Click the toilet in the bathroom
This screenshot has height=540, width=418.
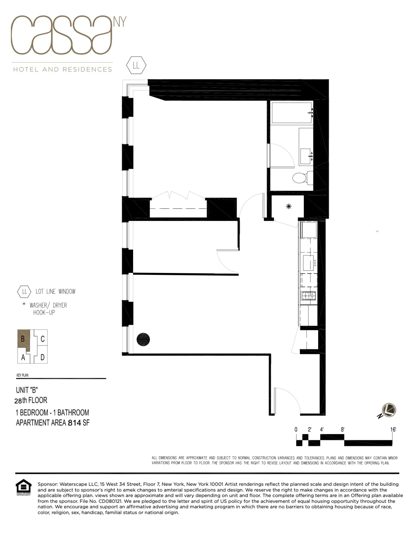click(300, 178)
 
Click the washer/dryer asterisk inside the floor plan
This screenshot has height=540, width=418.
click(289, 207)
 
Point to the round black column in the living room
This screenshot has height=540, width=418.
click(143, 339)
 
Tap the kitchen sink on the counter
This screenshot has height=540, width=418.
click(308, 263)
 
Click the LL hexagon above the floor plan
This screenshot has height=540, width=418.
click(136, 65)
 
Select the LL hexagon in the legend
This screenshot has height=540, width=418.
click(24, 292)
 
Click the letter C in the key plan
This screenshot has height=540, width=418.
click(42, 339)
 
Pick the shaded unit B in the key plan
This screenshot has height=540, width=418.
click(24, 339)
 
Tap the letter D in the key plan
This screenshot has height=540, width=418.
click(42, 357)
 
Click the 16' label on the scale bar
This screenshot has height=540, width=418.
click(393, 430)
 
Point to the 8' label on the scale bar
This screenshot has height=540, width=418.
click(343, 430)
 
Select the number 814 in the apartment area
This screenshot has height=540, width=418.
click(74, 423)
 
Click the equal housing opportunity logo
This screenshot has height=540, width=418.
click(24, 487)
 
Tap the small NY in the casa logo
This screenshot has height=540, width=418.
click(120, 22)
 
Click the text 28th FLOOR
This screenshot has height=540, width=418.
click(31, 400)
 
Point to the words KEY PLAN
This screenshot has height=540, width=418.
click(22, 375)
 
